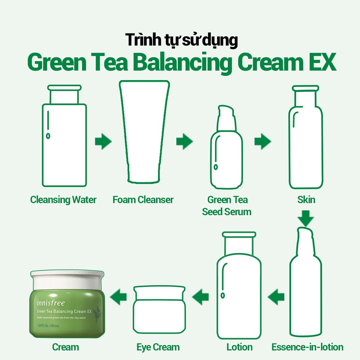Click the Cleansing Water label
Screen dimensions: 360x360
pos(63,200)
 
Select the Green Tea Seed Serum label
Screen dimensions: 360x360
pos(227,206)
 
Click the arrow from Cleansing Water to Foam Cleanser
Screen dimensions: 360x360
pos(103,142)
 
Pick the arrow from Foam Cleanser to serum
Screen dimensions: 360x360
pos(184,142)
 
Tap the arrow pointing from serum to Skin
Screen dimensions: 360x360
pos(263,142)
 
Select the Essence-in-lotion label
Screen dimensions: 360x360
pos(307,347)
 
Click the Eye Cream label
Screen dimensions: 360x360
pos(158,347)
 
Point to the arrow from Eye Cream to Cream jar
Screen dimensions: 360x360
pos(118,297)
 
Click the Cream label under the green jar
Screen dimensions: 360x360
pos(65,347)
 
